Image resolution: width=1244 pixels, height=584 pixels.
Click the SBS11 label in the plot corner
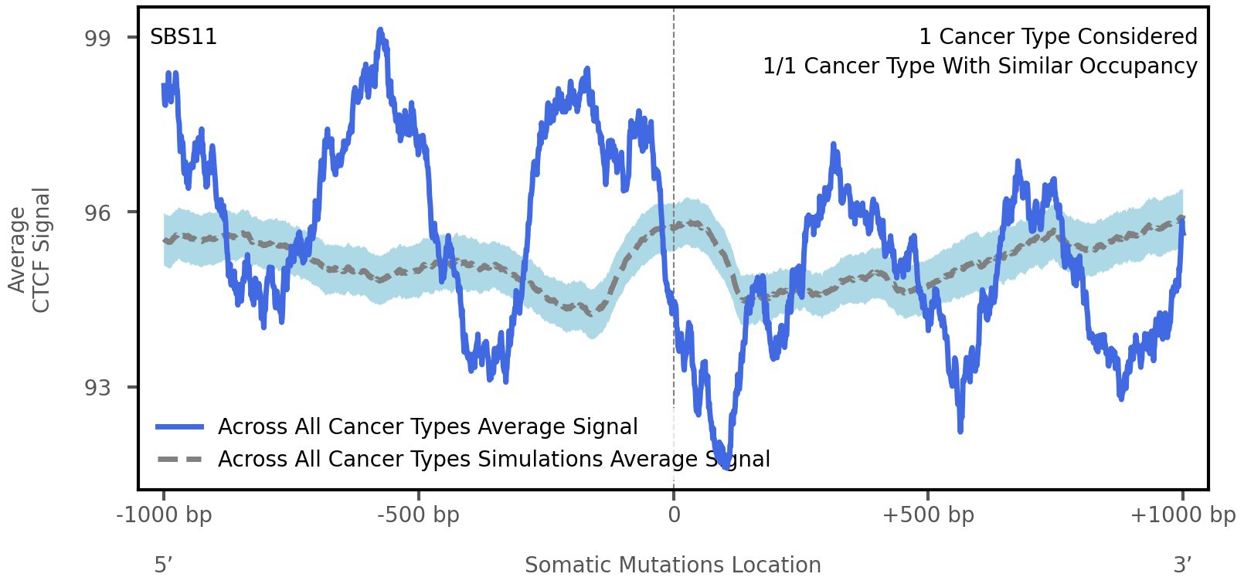pyautogui.click(x=183, y=37)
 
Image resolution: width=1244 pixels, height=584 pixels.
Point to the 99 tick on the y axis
pyautogui.click(x=97, y=39)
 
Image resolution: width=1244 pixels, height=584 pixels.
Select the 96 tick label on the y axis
pyautogui.click(x=97, y=213)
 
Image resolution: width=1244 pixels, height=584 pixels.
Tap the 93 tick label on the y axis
pyautogui.click(x=97, y=388)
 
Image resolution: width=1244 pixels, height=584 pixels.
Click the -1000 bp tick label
pyautogui.click(x=164, y=515)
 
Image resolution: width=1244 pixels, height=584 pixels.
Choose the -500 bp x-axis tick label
pyautogui.click(x=418, y=515)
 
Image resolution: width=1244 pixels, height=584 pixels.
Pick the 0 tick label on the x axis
pyautogui.click(x=674, y=515)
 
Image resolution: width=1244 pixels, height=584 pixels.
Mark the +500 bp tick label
pyautogui.click(x=927, y=515)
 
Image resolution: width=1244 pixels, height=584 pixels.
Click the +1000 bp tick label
pyautogui.click(x=1182, y=515)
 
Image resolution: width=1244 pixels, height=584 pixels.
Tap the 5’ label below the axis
pyautogui.click(x=163, y=565)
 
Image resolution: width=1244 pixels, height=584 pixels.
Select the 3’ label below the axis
pyautogui.click(x=1182, y=565)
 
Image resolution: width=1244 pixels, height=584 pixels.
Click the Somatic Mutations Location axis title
pyautogui.click(x=672, y=565)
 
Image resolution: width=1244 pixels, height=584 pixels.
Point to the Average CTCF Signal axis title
pyautogui.click(x=29, y=250)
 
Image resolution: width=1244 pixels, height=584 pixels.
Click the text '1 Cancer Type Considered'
pyautogui.click(x=1058, y=37)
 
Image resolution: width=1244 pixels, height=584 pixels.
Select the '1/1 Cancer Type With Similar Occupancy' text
pyautogui.click(x=980, y=66)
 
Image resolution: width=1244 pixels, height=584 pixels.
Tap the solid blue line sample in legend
pyautogui.click(x=179, y=427)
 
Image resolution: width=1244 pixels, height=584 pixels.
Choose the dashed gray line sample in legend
pyautogui.click(x=179, y=460)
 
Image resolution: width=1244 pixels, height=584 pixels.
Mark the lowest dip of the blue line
pyautogui.click(x=724, y=466)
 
